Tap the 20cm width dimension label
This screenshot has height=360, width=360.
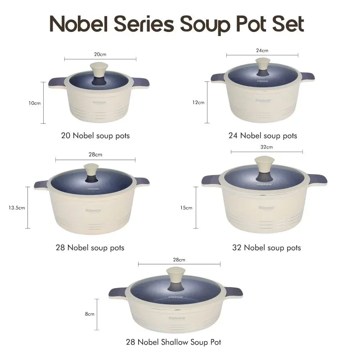tap(100, 54)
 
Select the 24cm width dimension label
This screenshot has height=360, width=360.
tap(262, 50)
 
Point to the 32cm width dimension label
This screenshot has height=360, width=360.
tap(266, 147)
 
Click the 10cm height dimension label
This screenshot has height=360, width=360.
tap(35, 103)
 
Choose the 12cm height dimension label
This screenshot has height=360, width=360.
tap(198, 102)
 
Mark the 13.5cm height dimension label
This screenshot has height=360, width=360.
tap(16, 207)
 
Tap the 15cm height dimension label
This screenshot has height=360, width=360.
tap(186, 207)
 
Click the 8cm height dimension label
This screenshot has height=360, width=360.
tap(90, 314)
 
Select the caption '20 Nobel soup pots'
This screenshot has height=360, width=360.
tap(95, 135)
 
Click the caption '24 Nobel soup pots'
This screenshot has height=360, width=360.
tap(263, 135)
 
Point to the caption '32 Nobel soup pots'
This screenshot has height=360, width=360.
tap(266, 247)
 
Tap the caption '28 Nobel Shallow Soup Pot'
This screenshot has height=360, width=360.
tap(173, 342)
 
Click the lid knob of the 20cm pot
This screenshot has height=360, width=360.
tap(99, 70)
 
